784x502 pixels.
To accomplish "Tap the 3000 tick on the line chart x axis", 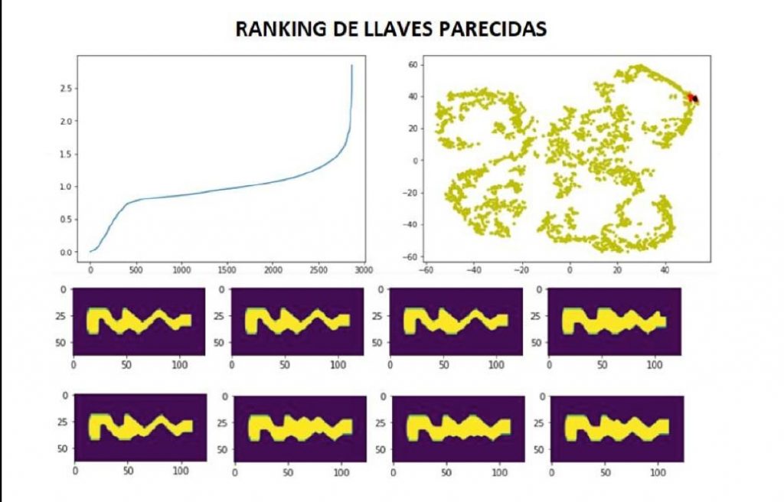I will point(363,270).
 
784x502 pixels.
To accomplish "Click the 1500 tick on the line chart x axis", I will point(227,270).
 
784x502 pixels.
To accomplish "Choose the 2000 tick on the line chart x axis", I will point(272,270).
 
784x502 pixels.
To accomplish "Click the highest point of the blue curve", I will point(351,66).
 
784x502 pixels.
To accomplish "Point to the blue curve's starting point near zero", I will point(90,251).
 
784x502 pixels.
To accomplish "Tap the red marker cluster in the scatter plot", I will point(690,97).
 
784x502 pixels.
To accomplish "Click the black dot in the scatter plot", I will point(695,99).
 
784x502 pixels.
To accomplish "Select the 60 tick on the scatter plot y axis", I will point(411,65).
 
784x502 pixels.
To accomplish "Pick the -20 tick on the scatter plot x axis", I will point(521,270).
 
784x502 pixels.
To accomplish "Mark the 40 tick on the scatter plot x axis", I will point(665,270).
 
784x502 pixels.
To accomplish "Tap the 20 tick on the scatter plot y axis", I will point(411,129).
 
